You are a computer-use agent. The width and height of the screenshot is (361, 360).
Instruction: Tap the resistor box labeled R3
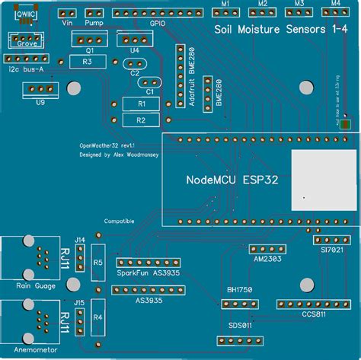pyautogui.click(x=87, y=61)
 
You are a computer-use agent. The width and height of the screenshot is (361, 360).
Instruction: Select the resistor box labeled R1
pyautogui.click(x=140, y=104)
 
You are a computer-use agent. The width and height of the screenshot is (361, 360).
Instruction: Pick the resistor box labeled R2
pyautogui.click(x=140, y=119)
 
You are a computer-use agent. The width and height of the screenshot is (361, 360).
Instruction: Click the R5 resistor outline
pyautogui.click(x=97, y=263)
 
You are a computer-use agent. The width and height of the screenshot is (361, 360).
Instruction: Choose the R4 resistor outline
pyautogui.click(x=97, y=316)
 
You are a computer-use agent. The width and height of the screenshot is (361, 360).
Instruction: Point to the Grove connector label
pyautogui.click(x=27, y=44)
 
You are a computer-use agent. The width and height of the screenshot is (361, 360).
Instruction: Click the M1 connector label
pyautogui.click(x=225, y=4)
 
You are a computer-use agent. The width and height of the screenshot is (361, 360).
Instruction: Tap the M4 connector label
pyautogui.click(x=336, y=4)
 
